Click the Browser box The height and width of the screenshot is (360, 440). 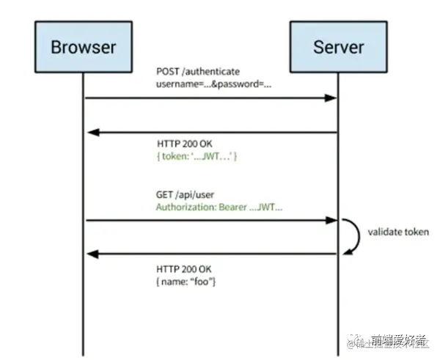83,47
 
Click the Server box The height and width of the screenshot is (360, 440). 339,47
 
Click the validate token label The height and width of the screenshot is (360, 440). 398,232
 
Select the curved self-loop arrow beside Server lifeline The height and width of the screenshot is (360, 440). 354,236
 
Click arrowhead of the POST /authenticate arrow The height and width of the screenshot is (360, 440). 332,98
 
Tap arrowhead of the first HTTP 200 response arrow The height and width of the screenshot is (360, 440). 92,132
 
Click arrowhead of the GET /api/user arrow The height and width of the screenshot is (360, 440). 332,220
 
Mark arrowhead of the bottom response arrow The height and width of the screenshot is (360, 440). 92,254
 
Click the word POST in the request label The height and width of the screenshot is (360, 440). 167,71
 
